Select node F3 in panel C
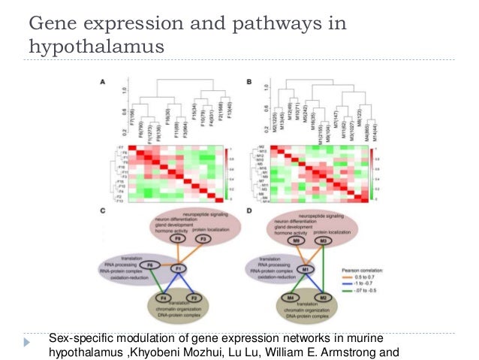(x=202, y=240)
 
